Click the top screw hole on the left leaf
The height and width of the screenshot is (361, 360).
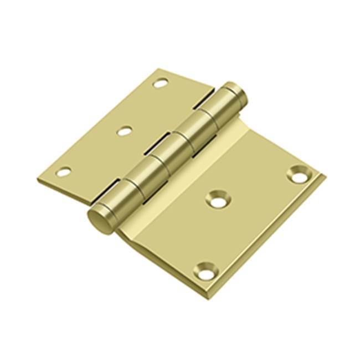coord(161,84)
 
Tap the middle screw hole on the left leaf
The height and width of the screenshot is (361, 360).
coord(125,131)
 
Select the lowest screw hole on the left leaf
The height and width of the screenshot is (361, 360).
coord(64,172)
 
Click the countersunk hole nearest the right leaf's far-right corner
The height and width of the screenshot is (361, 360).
coord(299,175)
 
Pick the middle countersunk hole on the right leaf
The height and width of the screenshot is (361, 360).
coord(218,200)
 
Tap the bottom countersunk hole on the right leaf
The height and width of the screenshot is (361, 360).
coord(205,272)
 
